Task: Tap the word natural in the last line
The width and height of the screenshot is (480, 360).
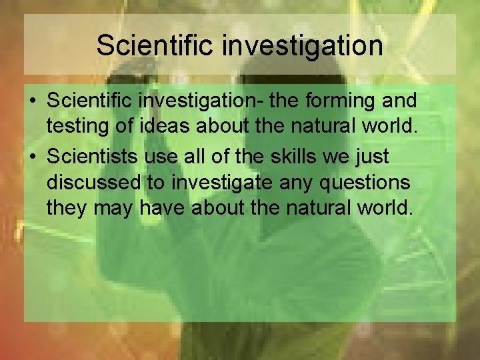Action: (323, 208)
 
